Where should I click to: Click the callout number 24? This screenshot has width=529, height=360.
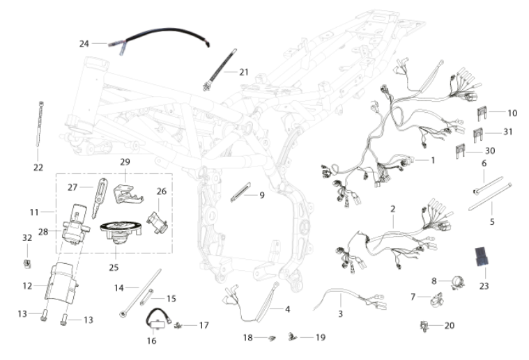coord(84,44)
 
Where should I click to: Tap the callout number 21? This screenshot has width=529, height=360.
coord(243,72)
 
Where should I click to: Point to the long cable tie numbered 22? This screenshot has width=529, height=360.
coord(39,124)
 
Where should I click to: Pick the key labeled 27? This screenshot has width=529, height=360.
coord(99,197)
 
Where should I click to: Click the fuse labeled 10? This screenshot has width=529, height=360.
coord(482,114)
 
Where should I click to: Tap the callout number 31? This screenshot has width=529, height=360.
coord(508,132)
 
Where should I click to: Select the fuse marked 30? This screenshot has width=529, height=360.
coord(461,150)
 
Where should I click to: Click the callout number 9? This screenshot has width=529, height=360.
coord(262,195)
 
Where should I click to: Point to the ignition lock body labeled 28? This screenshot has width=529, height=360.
coord(76,224)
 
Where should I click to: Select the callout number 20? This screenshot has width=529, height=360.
coord(450,326)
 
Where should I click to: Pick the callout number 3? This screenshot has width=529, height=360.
coord(340,314)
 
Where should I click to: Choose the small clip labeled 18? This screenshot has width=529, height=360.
coord(271,338)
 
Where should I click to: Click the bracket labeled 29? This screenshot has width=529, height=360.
coord(128,194)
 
